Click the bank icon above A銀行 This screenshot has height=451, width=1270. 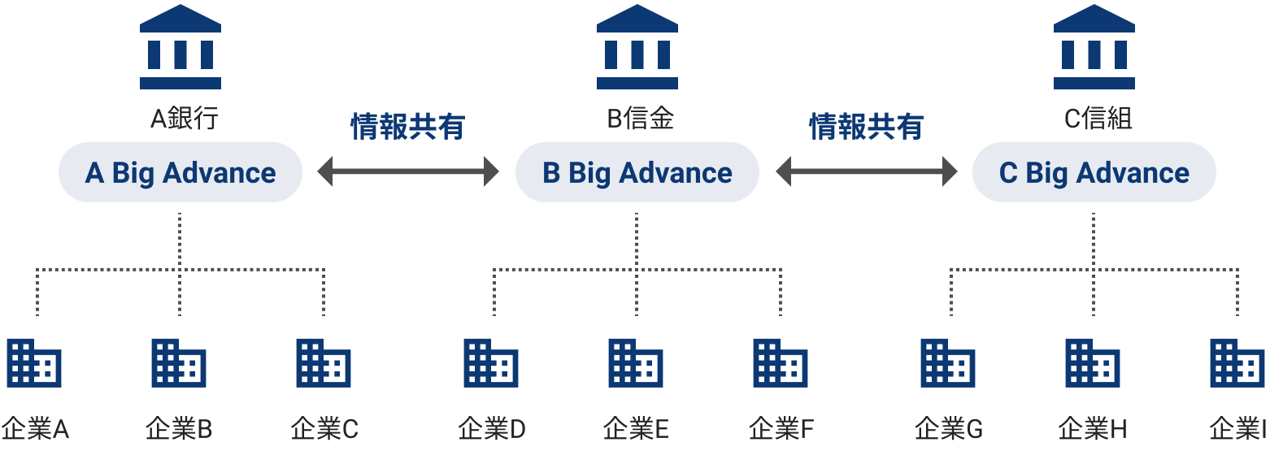pos(180,47)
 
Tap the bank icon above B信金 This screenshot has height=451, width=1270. pos(637,47)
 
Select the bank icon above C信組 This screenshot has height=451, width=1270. pos(1094,47)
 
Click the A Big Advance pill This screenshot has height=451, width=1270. pos(180,172)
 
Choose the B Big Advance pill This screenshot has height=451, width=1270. pos(637,172)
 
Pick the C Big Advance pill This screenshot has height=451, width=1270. pos(1094,172)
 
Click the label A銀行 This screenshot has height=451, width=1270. pos(184,119)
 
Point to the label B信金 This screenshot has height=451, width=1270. pos(641,119)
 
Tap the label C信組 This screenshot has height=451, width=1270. pos(1098,119)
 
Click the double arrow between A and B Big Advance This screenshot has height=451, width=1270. pos(408,171)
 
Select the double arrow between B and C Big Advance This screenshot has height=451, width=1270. pos(867,171)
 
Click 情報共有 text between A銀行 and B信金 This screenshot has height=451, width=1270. pos(408,127)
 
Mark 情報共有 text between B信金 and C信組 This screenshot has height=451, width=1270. pos(867,127)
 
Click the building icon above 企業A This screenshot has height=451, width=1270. pos(34,362)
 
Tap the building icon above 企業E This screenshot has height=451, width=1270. pos(636,362)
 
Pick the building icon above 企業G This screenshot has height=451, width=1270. pos(948,362)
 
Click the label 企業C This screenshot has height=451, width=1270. pos(324,428)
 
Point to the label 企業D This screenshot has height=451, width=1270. pos(492,428)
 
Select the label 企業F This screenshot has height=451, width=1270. pos(781,428)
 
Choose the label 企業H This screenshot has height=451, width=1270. pos(1093,428)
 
